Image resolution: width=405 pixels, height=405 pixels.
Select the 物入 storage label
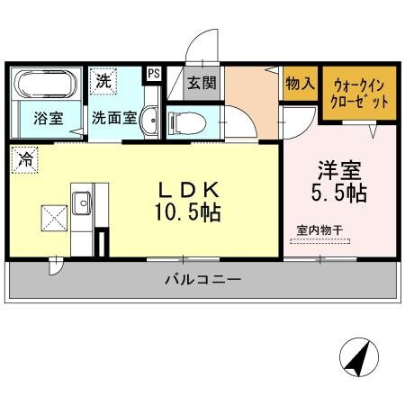(x=301, y=83)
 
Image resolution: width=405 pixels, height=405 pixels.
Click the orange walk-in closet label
(x=361, y=94)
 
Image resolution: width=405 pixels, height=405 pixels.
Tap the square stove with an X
(x=50, y=217)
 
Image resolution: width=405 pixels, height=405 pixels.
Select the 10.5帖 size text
(x=188, y=213)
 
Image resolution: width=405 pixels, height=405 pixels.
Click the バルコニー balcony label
(x=202, y=280)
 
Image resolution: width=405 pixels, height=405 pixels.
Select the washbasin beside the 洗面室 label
(x=150, y=119)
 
